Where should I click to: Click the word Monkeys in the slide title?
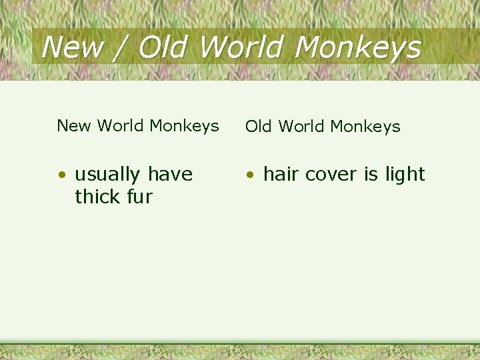pyautogui.click(x=357, y=48)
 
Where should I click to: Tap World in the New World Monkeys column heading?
pyautogui.click(x=121, y=125)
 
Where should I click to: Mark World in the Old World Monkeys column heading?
pyautogui.click(x=304, y=126)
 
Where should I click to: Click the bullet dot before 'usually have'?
pyautogui.click(x=61, y=175)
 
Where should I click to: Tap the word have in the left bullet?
pyautogui.click(x=170, y=175)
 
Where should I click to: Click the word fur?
pyautogui.click(x=141, y=197)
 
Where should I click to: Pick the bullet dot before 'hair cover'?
pyautogui.click(x=250, y=175)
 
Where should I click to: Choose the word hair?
pyautogui.click(x=280, y=174)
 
